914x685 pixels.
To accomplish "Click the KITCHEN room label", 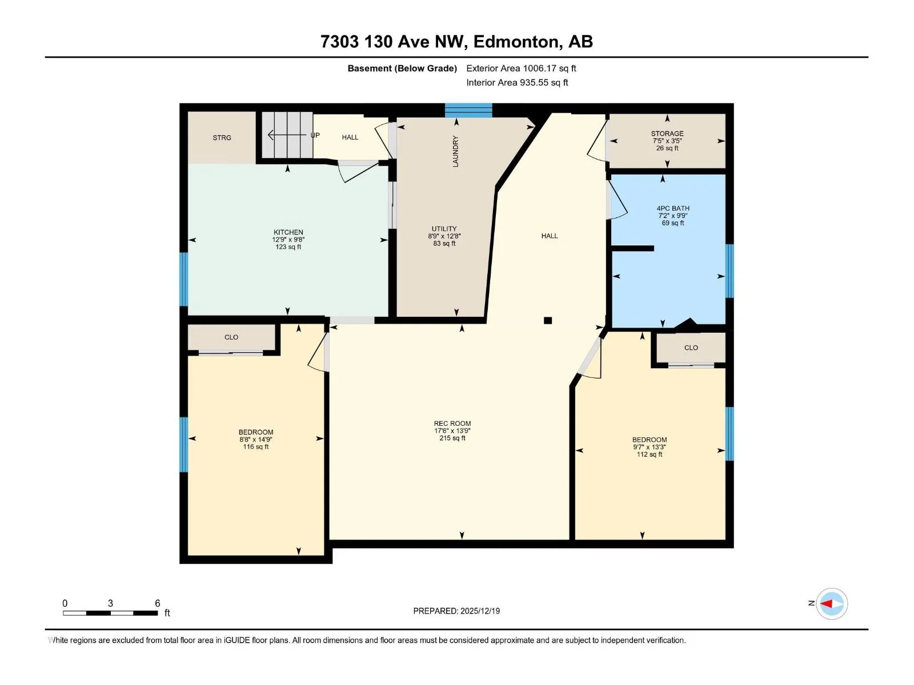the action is click(288, 232).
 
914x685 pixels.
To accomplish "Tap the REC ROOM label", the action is click(452, 424).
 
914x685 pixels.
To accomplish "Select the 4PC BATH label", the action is click(673, 208).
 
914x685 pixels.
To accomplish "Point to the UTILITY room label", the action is click(444, 229).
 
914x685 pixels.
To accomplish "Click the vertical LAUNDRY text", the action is click(455, 151).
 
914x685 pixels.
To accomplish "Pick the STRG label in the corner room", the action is click(222, 138).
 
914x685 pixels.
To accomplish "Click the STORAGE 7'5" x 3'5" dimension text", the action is click(667, 141).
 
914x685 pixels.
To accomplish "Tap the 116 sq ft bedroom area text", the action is click(256, 447).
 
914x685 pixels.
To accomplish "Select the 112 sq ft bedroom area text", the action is click(649, 454).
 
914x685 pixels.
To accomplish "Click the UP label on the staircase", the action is click(315, 135).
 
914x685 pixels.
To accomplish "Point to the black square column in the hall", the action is click(548, 320).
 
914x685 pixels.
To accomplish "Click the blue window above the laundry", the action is click(468, 111).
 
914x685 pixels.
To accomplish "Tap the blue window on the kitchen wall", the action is click(183, 279).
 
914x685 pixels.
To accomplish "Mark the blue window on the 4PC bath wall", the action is click(729, 271).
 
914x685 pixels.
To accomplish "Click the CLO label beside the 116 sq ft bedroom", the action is click(231, 337).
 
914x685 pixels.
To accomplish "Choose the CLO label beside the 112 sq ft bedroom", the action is click(691, 348).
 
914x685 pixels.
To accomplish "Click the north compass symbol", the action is click(832, 603).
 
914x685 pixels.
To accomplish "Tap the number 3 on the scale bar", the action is click(110, 603).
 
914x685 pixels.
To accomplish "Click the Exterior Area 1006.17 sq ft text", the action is click(521, 68).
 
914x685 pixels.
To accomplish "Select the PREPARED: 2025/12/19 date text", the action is click(456, 611).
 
